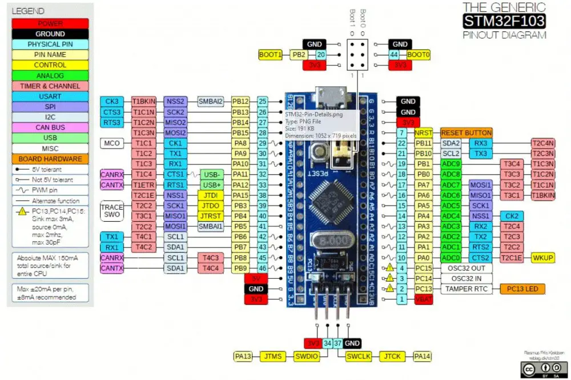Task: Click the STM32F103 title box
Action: [504, 22]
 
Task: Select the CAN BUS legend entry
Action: [50, 127]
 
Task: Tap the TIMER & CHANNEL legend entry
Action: [50, 86]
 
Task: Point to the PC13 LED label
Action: [523, 289]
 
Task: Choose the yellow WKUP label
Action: [542, 257]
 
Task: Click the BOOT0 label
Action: [418, 55]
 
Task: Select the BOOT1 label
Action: [270, 55]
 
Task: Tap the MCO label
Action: [112, 143]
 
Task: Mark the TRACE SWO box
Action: [112, 210]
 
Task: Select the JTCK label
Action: [392, 356]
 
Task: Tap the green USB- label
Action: [212, 174]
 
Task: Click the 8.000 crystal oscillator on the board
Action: [331, 242]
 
